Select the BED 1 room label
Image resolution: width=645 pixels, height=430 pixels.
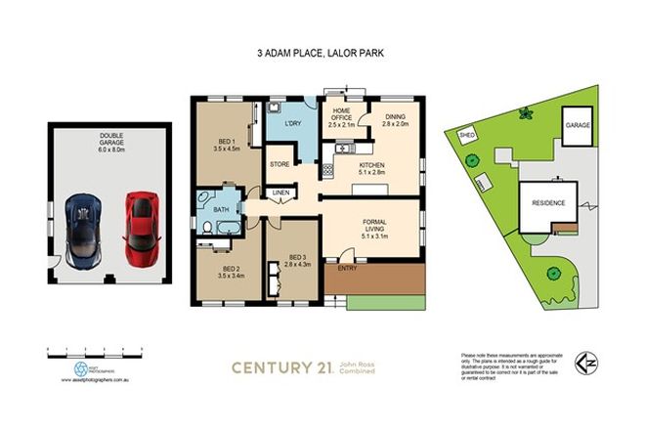tap(227, 146)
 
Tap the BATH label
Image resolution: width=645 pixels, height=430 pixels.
tap(222, 209)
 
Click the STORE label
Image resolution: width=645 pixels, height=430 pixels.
tap(280, 164)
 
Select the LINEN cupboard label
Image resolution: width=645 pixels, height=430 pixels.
tap(280, 193)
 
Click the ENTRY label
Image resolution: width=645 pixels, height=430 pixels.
tap(347, 268)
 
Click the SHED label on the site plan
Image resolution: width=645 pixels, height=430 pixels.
tap(467, 136)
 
